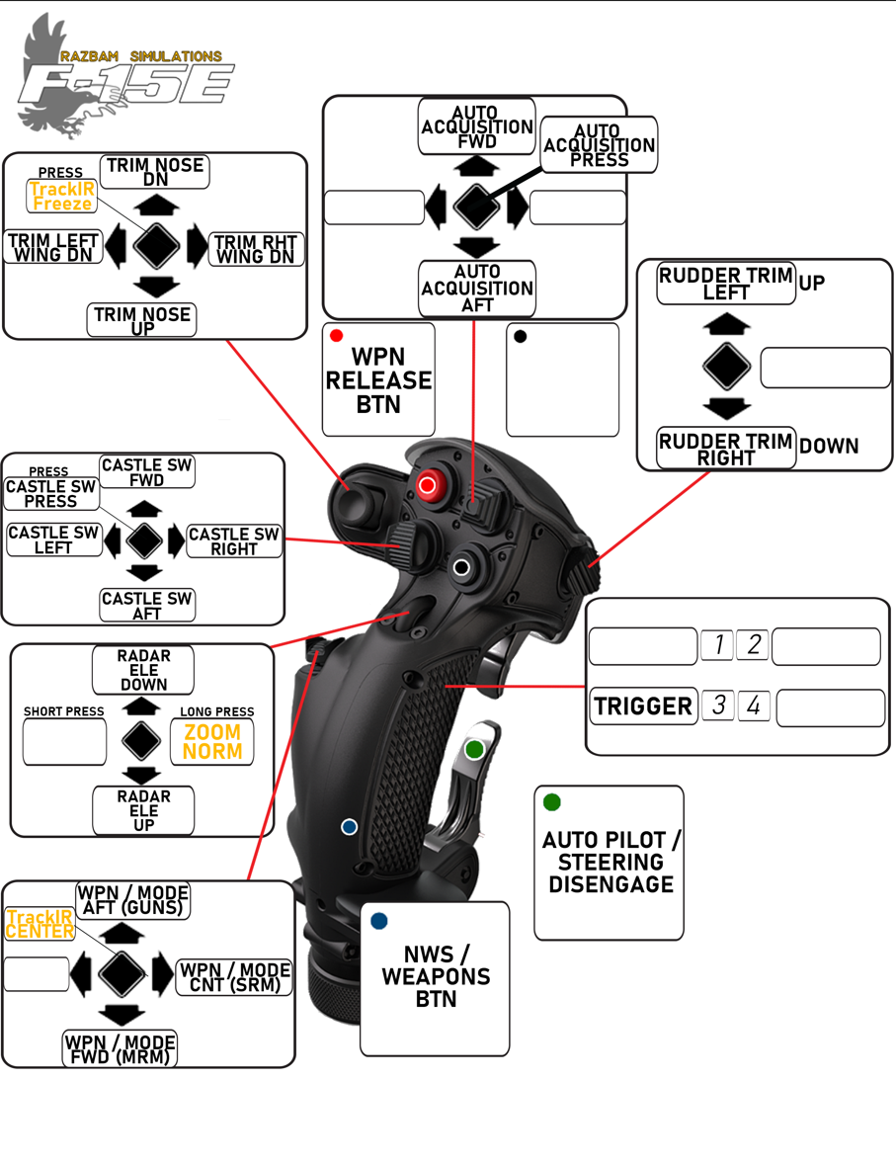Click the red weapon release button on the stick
click(428, 485)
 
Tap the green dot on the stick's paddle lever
click(474, 749)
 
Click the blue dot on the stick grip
click(349, 826)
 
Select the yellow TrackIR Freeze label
click(61, 196)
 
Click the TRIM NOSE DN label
click(154, 172)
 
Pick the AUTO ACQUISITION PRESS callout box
click(599, 145)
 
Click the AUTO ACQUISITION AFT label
click(477, 288)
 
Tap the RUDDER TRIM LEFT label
click(726, 284)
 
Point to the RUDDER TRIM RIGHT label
click(726, 449)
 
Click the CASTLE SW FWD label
click(147, 471)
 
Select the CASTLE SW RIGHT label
click(234, 540)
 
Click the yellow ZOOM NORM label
click(212, 741)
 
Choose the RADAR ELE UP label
click(144, 810)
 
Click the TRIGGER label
click(643, 706)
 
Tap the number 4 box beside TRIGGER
click(754, 706)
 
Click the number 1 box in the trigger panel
click(717, 645)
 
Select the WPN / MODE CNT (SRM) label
click(234, 976)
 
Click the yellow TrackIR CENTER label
click(40, 924)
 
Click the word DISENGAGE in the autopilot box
click(611, 884)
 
